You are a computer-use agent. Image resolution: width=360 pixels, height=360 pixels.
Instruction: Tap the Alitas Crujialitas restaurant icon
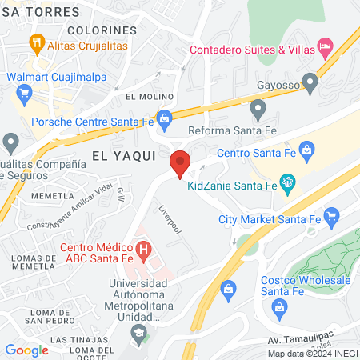point(35,42)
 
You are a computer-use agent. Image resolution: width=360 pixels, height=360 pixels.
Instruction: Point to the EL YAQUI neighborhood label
point(122,156)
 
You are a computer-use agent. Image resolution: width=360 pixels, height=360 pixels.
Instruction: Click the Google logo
point(26,350)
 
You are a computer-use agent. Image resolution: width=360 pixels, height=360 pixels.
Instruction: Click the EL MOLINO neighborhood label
point(144,97)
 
